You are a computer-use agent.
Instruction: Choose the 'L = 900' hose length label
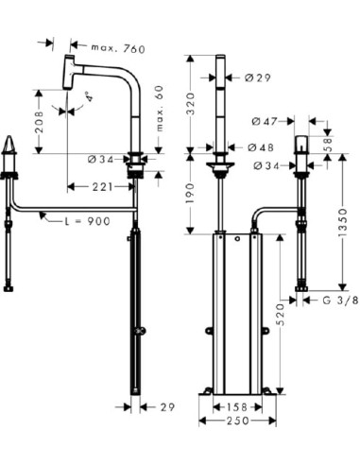coord(88,220)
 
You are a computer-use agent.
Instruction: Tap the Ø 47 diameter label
coord(267,120)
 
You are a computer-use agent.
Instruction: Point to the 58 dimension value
coord(328,145)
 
